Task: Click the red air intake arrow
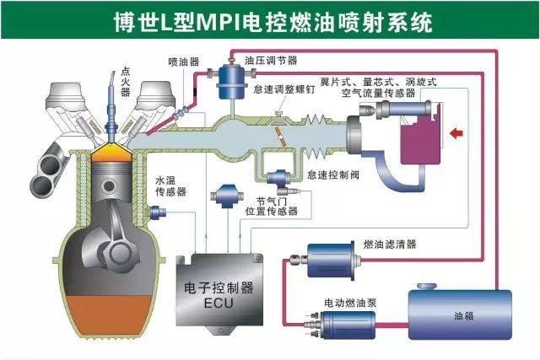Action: [456, 133]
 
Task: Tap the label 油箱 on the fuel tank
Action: [463, 315]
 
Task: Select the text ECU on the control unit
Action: [219, 303]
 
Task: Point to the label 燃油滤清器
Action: [390, 244]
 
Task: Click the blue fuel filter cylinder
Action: [330, 261]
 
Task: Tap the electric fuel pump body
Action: [348, 325]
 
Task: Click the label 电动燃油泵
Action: [350, 303]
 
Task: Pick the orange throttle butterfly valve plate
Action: [281, 137]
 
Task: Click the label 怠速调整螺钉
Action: [284, 89]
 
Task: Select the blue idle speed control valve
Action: [280, 178]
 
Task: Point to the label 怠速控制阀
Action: [333, 175]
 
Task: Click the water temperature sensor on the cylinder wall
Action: [158, 212]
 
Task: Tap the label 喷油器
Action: [184, 62]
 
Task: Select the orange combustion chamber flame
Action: [111, 153]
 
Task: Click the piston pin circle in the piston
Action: [109, 186]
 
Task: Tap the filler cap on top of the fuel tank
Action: [427, 287]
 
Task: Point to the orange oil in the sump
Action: [110, 314]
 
